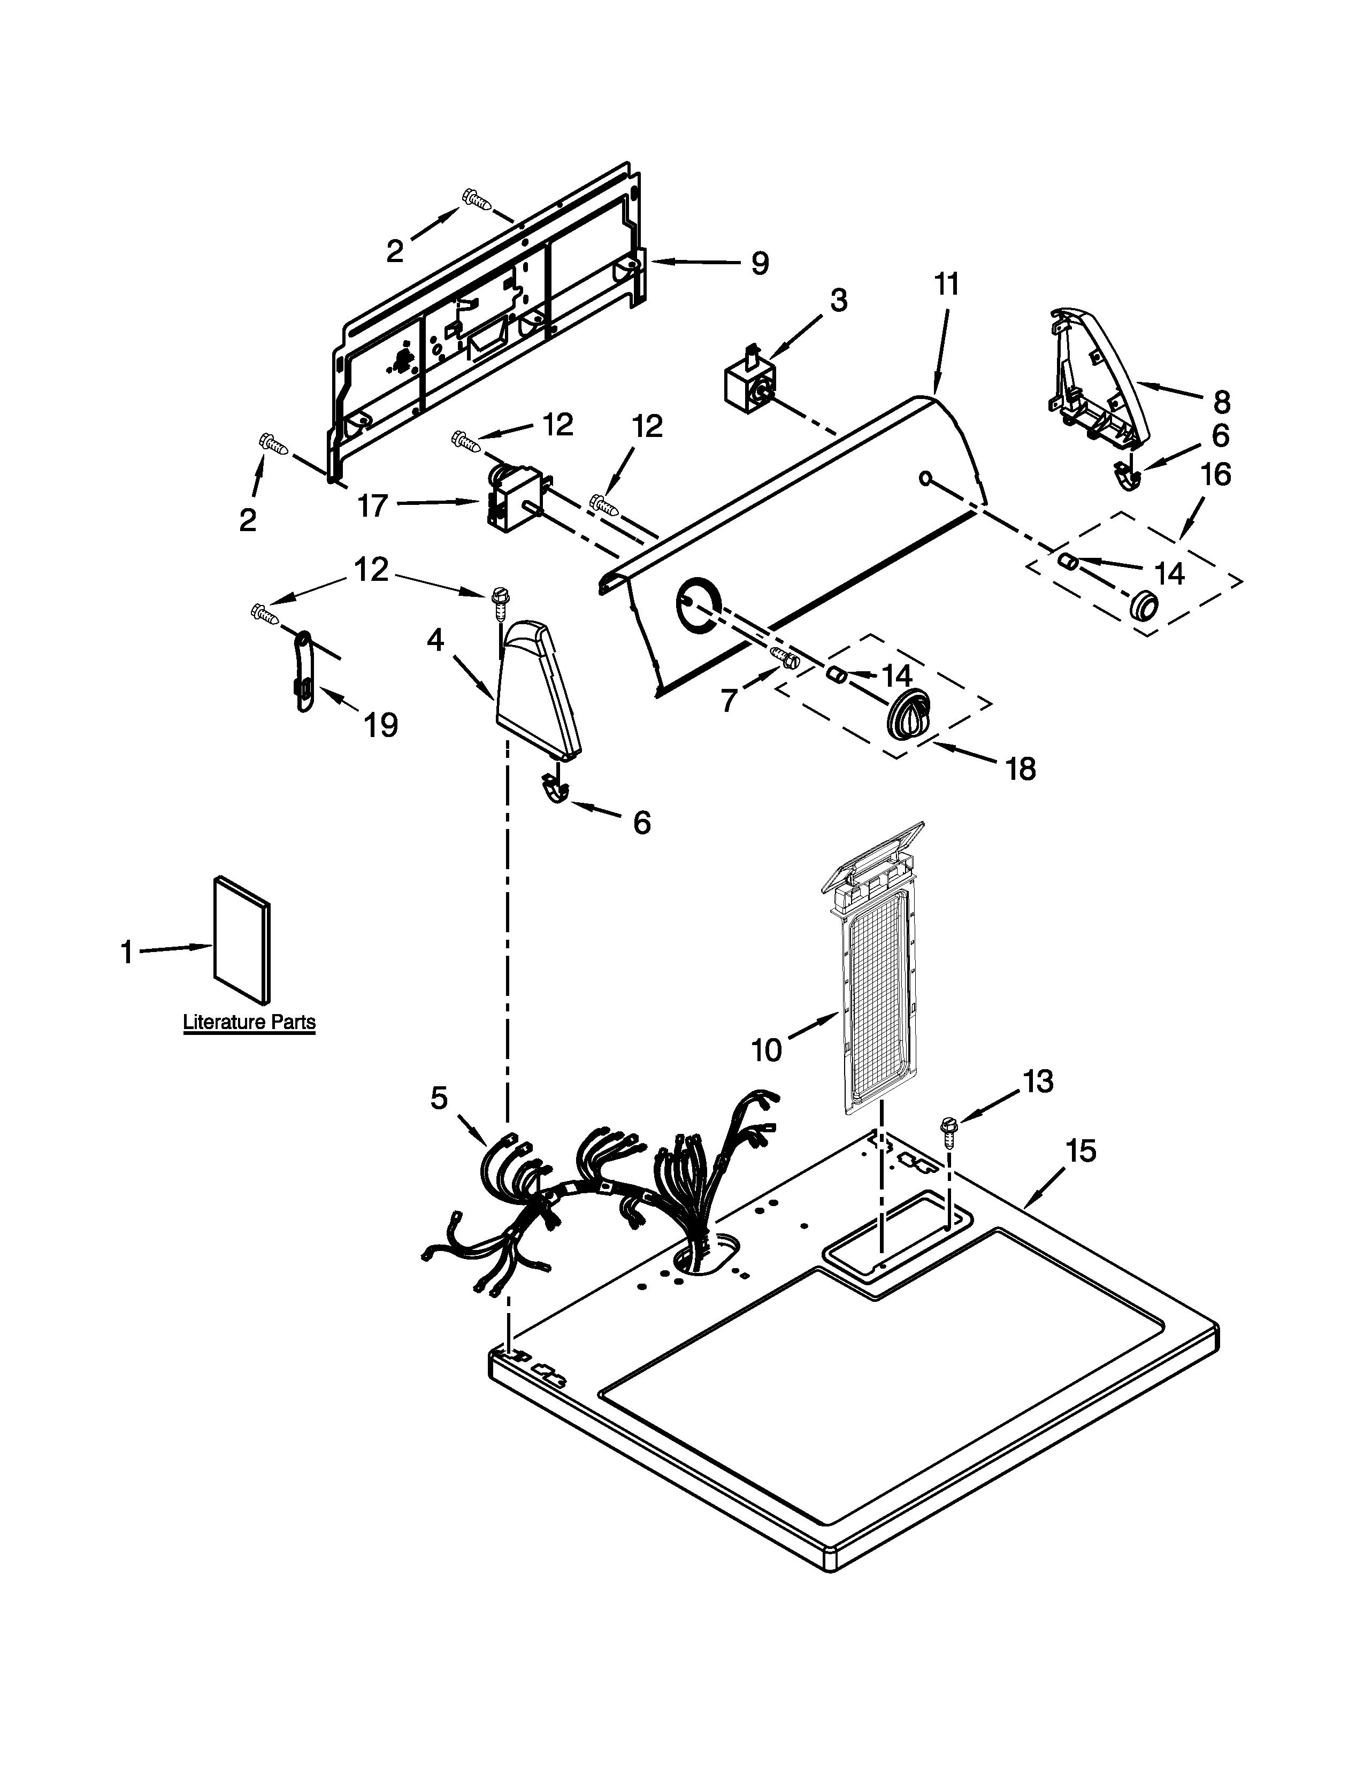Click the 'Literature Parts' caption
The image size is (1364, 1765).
click(x=249, y=1022)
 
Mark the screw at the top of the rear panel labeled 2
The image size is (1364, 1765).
click(x=476, y=199)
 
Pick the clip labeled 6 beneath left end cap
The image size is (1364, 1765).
click(x=554, y=788)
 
